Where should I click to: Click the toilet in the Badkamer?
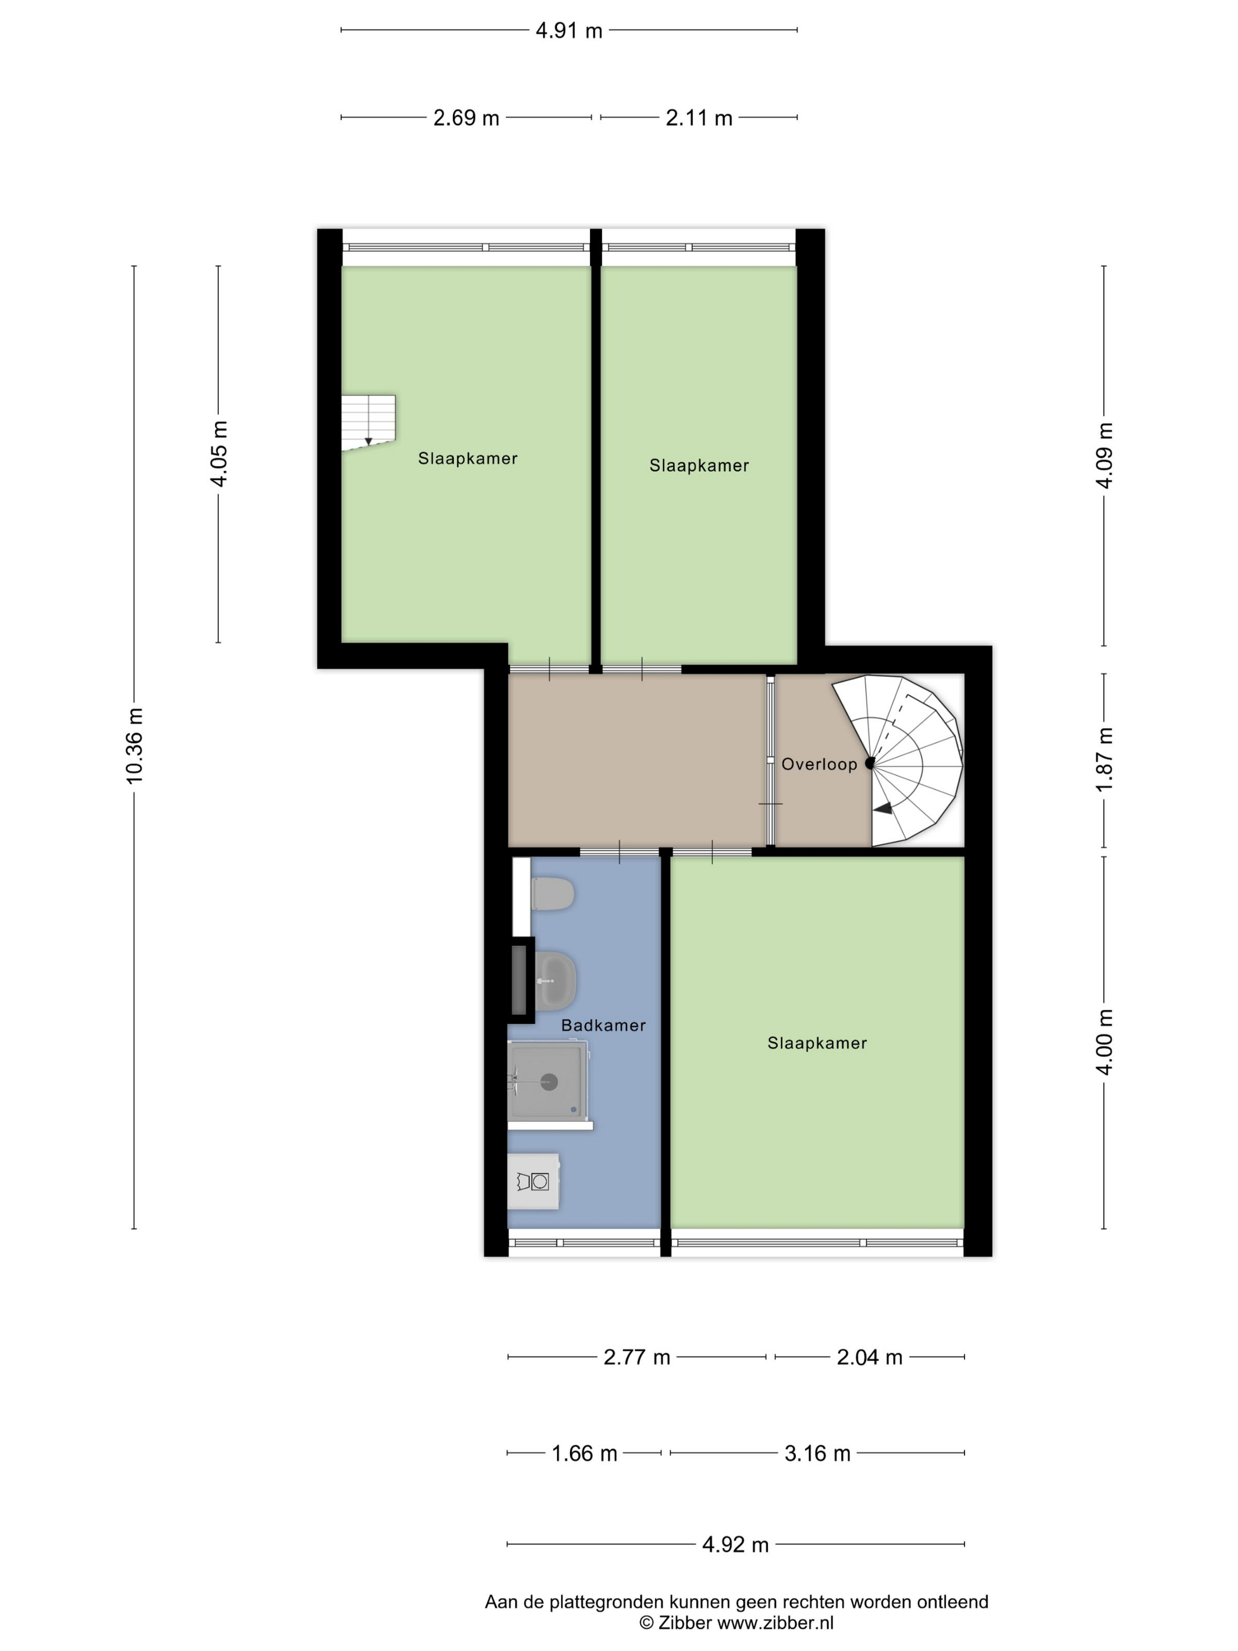point(553,893)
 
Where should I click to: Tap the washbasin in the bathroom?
point(556,978)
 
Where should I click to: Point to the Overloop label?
point(819,764)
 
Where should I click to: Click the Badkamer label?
point(603,1025)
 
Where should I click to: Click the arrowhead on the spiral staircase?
point(884,808)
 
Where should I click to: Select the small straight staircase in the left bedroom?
point(368,422)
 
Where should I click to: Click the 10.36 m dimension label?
point(134,746)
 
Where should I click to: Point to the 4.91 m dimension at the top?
point(569,31)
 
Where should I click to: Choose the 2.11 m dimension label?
point(699,118)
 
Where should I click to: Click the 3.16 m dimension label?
point(817,1453)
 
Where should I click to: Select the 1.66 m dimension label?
point(584,1453)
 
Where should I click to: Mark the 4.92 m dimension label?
point(735,1544)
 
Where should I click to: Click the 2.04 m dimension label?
point(870,1357)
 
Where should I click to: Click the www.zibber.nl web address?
point(775,1622)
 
